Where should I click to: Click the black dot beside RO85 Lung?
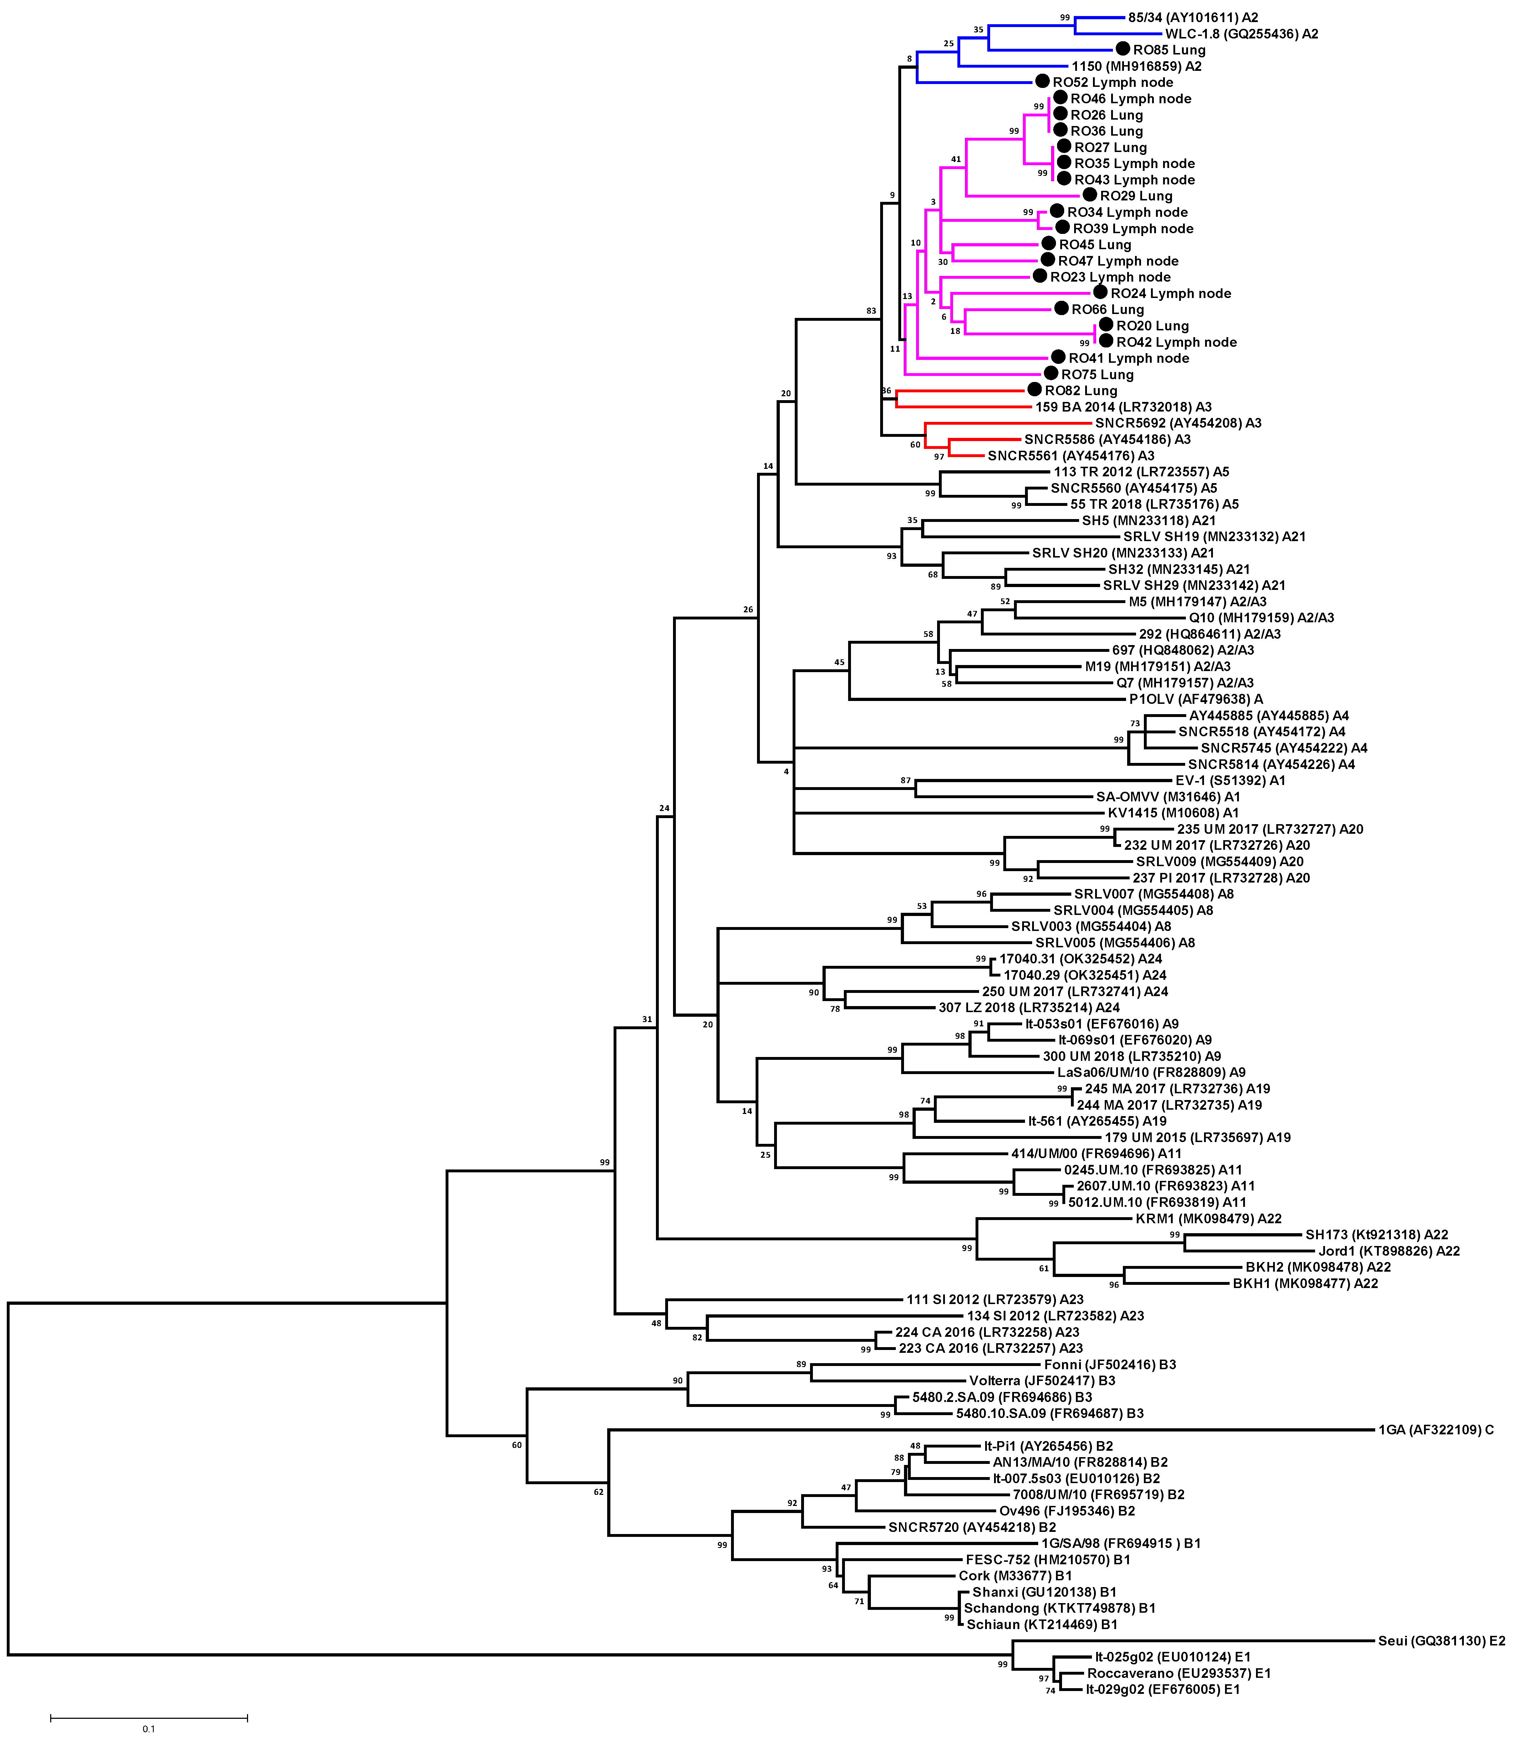(1123, 49)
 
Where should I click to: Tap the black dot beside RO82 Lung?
(1034, 389)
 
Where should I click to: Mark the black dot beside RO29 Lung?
(1090, 195)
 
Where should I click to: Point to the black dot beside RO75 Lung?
(1051, 373)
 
